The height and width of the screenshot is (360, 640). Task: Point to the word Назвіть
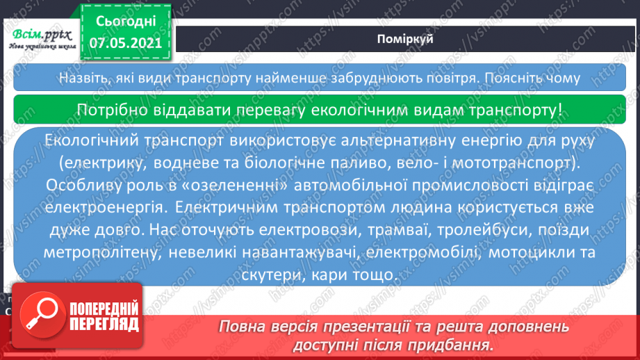point(82,77)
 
